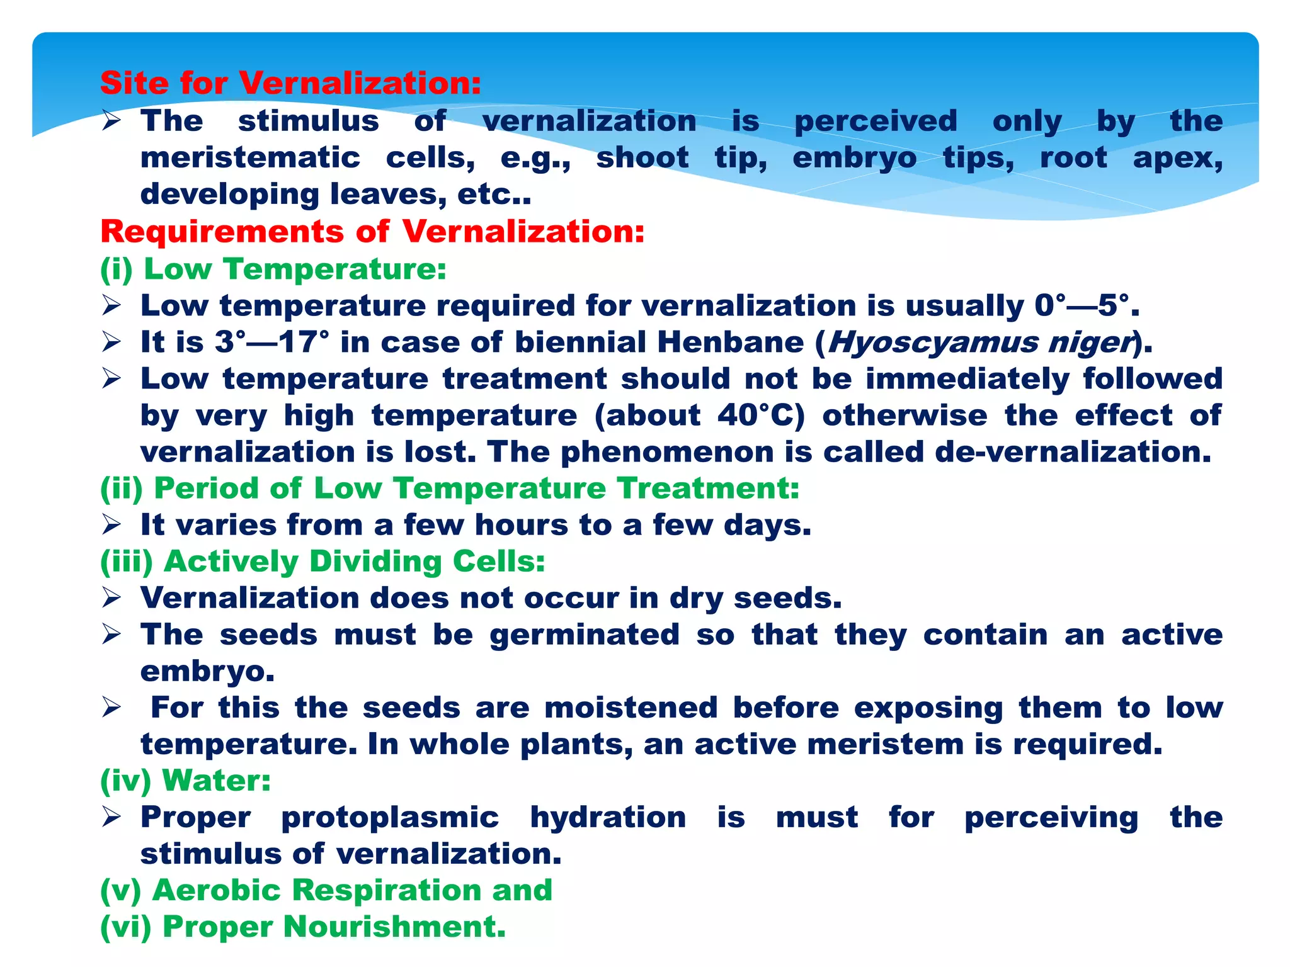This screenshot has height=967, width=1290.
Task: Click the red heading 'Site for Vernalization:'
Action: pos(290,83)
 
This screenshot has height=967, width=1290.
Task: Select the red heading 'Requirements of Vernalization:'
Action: pos(372,232)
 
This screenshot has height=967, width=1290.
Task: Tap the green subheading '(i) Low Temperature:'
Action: pos(273,269)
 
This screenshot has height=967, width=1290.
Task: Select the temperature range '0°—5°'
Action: pos(1085,306)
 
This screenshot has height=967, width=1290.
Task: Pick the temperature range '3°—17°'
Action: pos(271,342)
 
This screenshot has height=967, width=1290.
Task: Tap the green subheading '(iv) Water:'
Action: pos(185,781)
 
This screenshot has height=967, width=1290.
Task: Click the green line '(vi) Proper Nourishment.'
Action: pos(302,927)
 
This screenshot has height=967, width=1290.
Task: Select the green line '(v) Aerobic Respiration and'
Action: pos(326,890)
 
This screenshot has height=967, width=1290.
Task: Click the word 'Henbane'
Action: pos(731,342)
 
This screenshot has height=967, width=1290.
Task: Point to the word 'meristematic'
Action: pos(250,157)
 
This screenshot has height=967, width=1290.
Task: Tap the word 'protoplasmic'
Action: pos(390,817)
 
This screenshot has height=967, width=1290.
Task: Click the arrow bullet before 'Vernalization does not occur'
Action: pos(111,598)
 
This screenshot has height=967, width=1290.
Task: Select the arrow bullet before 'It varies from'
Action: pos(111,525)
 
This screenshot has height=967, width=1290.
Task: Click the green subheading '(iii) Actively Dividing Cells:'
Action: pos(322,562)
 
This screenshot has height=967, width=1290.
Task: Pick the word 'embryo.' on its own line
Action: pos(207,672)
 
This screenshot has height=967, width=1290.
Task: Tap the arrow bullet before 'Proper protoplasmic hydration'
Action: pos(111,817)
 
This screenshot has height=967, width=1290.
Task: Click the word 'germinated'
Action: pos(585,635)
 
